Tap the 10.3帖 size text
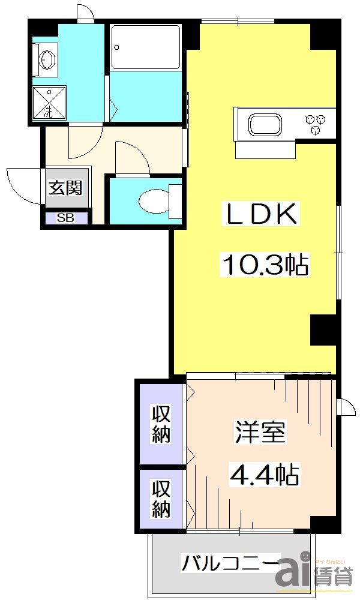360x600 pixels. pos(266,264)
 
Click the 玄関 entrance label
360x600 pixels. pos(65,188)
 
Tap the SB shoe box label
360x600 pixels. pos(65,218)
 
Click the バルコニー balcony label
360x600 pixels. pos(230,564)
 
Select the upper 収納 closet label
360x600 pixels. pos(160,424)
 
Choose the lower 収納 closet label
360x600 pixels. pos(160,499)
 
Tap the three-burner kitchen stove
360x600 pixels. pos(317,122)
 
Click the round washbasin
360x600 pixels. pos(47,60)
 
